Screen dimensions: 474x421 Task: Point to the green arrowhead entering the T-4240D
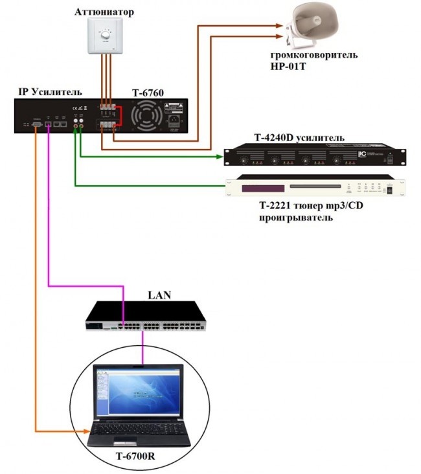[x=220, y=156]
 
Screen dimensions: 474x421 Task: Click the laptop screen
[x=136, y=392]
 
